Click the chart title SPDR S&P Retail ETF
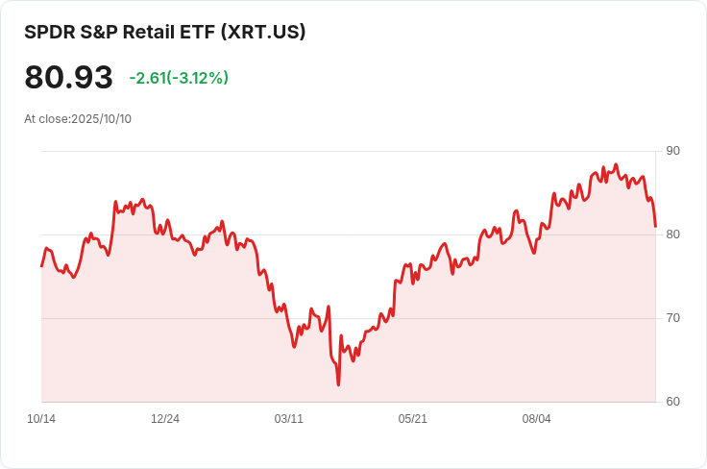119,32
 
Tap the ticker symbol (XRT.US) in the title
263,32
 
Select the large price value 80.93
68,77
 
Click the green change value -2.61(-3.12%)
179,78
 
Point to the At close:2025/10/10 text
78,119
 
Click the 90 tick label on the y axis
672,151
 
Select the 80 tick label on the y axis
672,234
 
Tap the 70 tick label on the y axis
672,318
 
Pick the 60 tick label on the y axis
672,402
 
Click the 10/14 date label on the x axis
41,419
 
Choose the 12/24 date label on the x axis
165,419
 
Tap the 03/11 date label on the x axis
288,419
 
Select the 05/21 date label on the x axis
412,419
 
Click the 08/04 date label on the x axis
537,419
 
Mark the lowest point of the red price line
338,384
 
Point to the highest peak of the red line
616,164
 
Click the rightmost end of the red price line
655,227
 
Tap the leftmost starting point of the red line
41,266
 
